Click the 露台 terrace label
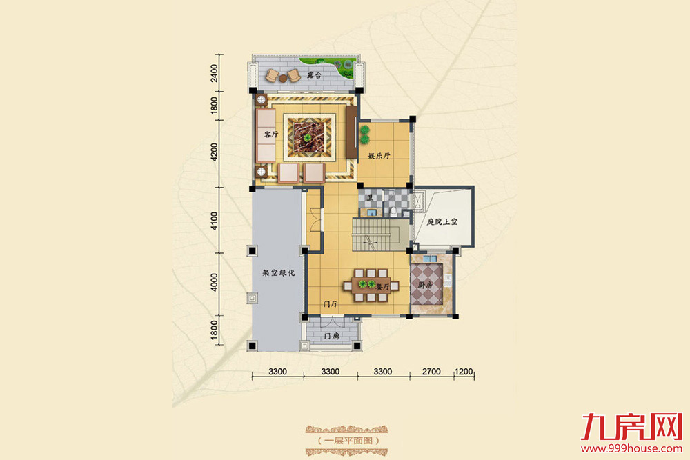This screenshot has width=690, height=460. (314, 75)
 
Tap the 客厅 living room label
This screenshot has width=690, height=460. (271, 134)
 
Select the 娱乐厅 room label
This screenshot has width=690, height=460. (379, 156)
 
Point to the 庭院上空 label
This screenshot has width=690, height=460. (442, 221)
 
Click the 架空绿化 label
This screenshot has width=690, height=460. (279, 272)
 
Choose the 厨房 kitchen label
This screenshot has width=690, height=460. (425, 285)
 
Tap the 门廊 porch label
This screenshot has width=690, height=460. (332, 336)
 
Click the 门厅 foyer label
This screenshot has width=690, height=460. (330, 304)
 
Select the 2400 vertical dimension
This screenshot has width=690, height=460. (215, 73)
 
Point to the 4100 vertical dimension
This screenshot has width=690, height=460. (215, 221)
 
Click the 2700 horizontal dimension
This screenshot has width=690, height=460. (431, 372)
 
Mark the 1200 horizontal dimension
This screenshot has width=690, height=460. (464, 372)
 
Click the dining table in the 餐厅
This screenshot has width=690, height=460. (371, 286)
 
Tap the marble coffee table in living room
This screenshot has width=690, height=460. (309, 136)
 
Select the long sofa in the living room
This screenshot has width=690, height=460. (266, 136)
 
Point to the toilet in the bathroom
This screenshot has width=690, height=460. (393, 212)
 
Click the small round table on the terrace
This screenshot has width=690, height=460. (283, 79)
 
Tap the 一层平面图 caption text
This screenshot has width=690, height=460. (348, 440)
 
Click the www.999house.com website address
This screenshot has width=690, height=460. (631, 448)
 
